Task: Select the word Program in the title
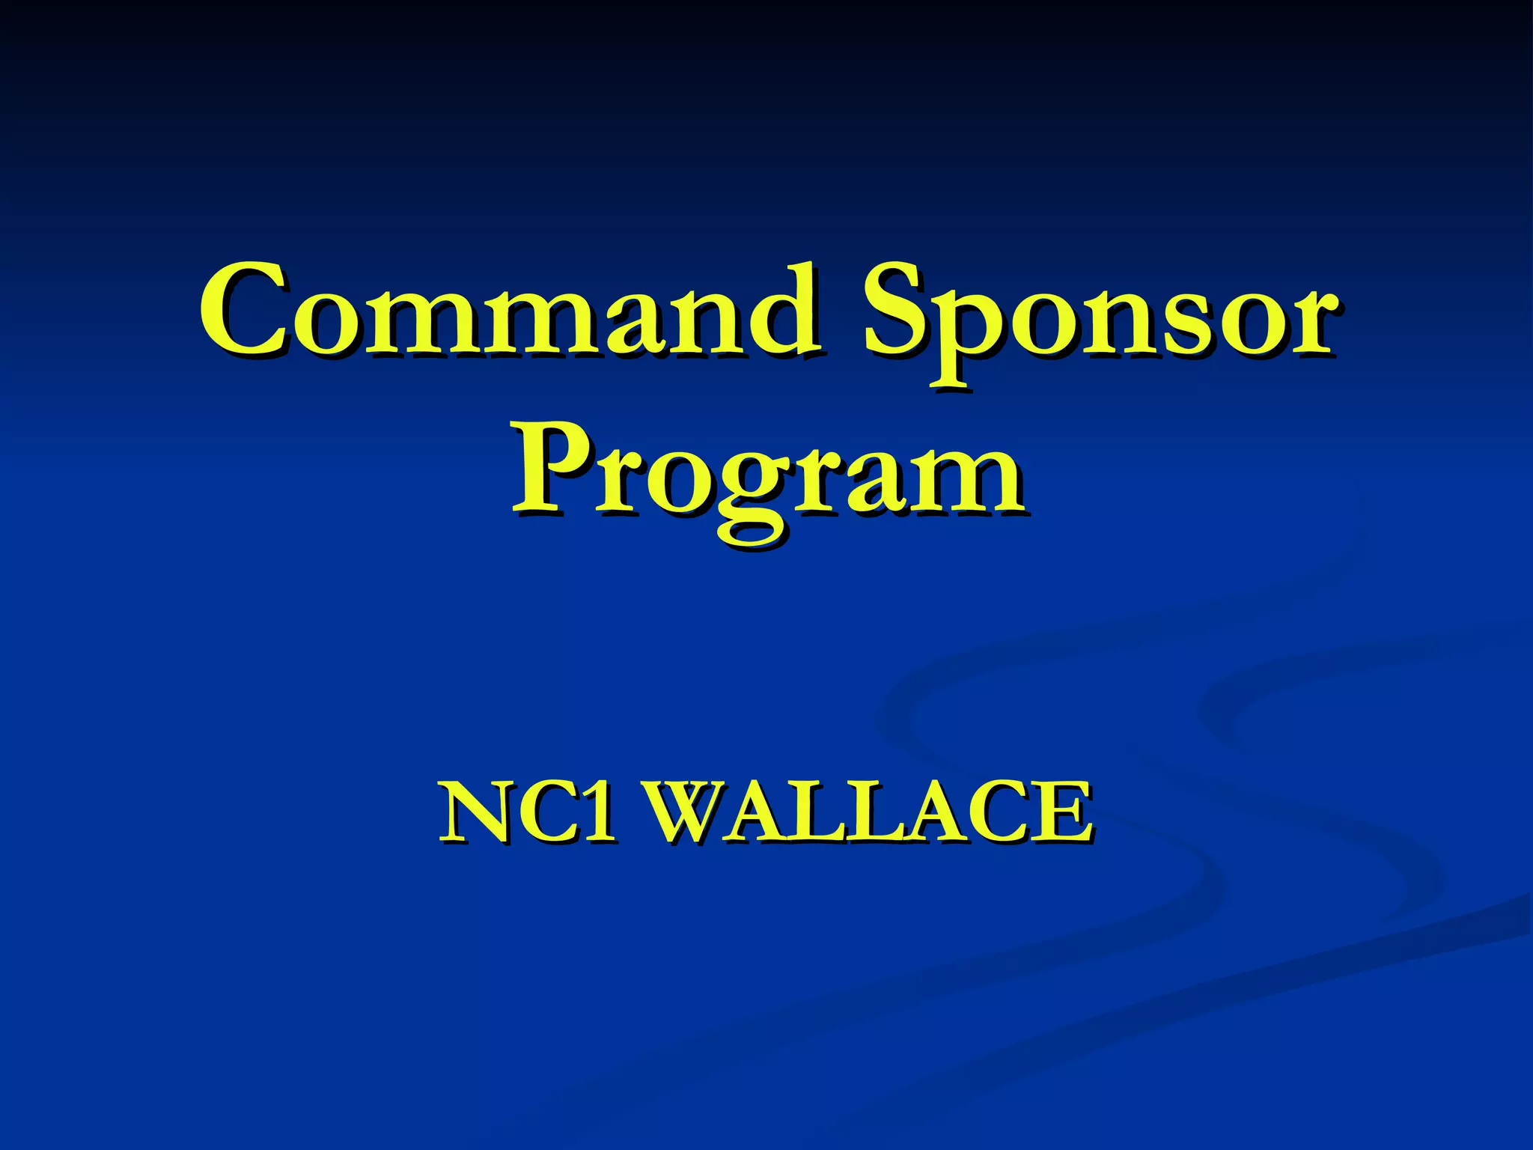[766, 479]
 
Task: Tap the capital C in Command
[243, 310]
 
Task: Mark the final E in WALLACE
[1060, 812]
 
